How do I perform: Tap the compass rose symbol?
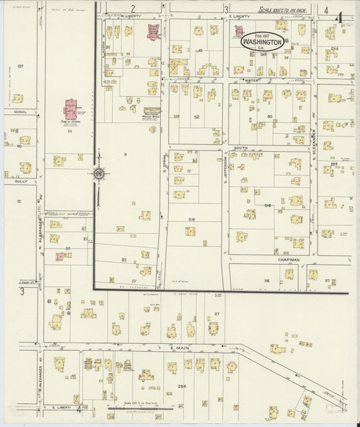(x=99, y=175)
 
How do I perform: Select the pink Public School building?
(x=71, y=109)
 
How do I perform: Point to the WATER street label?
(x=252, y=81)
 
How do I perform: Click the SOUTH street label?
(x=240, y=147)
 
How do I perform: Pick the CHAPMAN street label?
(x=288, y=259)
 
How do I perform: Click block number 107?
(x=20, y=66)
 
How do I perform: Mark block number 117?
(x=328, y=280)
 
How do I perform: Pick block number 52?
(x=197, y=117)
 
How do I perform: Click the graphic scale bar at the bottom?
(x=140, y=408)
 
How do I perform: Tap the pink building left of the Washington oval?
(x=238, y=31)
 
